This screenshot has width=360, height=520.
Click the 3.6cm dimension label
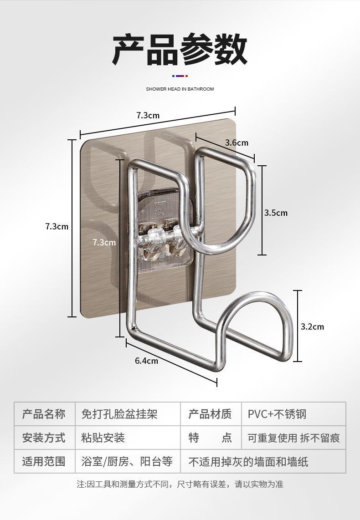[x=237, y=143]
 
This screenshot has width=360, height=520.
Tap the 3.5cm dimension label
[x=276, y=213]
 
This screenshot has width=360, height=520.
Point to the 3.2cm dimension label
[x=312, y=326]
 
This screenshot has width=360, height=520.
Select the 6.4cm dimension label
[x=146, y=361]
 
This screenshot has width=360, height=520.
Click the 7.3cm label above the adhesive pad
[x=148, y=115]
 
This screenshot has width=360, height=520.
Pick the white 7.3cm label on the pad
[x=104, y=242]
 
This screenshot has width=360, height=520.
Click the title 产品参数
[x=180, y=49]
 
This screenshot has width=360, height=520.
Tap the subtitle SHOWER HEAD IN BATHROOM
[x=180, y=89]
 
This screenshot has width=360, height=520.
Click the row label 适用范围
[x=44, y=461]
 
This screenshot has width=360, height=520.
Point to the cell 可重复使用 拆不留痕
[x=293, y=438]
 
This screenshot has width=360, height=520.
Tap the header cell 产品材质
[x=210, y=414]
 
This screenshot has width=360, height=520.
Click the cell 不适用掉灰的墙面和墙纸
[x=248, y=462]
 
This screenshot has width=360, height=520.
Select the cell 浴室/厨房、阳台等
[x=127, y=461]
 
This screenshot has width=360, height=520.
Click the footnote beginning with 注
[x=180, y=484]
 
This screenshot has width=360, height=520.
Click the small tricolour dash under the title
[x=180, y=76]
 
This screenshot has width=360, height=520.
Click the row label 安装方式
[x=44, y=438]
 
